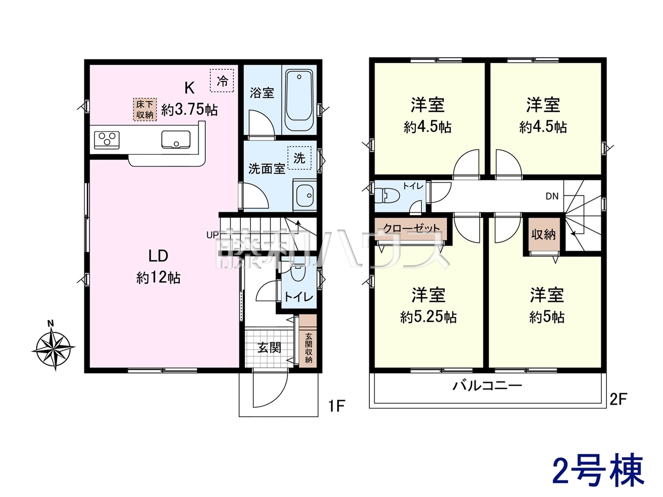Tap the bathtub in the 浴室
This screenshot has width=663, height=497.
(299, 100)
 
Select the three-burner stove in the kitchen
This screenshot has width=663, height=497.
(107, 140)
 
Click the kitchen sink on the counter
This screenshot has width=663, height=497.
(176, 140)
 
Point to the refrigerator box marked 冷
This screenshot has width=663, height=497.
(222, 80)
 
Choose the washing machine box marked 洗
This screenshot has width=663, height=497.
(299, 158)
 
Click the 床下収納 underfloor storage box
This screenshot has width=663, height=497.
(145, 110)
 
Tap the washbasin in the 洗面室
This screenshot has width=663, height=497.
(305, 195)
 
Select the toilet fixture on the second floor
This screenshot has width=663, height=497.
(387, 196)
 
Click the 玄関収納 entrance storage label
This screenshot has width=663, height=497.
(308, 348)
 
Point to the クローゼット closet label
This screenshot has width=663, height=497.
(411, 228)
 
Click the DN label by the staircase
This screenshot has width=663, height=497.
(552, 196)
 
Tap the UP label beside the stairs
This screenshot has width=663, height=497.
(212, 235)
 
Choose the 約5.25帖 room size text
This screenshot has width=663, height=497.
(428, 317)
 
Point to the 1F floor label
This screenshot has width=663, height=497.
(337, 406)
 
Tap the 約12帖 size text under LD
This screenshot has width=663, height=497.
(158, 277)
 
